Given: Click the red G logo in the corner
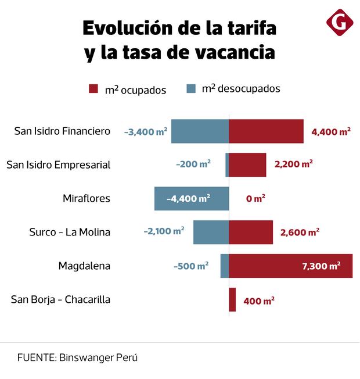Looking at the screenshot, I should pyautogui.click(x=340, y=23).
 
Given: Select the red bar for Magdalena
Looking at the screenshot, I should pyautogui.click(x=290, y=266).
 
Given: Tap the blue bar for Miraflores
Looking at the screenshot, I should pyautogui.click(x=191, y=198).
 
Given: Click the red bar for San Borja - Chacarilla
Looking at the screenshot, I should pyautogui.click(x=232, y=299).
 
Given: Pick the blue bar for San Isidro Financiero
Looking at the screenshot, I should pyautogui.click(x=200, y=131).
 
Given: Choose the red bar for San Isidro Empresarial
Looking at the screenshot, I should pyautogui.click(x=247, y=165).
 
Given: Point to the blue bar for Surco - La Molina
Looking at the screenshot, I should pyautogui.click(x=211, y=232).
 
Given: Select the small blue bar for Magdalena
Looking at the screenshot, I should pyautogui.click(x=224, y=266).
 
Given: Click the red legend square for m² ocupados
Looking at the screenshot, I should pyautogui.click(x=93, y=89).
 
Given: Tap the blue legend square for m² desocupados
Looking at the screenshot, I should pyautogui.click(x=191, y=89).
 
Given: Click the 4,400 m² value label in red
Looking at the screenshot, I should pyautogui.click(x=330, y=131).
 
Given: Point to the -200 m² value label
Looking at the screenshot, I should pyautogui.click(x=193, y=165).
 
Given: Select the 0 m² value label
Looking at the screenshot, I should pyautogui.click(x=255, y=198).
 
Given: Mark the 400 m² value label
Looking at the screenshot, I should pyautogui.click(x=259, y=301).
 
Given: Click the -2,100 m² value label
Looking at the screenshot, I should pyautogui.click(x=164, y=231).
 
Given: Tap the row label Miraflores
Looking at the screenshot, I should pyautogui.click(x=86, y=198).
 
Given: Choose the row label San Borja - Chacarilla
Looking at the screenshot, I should pyautogui.click(x=60, y=299).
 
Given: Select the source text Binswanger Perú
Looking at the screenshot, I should pyautogui.click(x=98, y=357).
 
